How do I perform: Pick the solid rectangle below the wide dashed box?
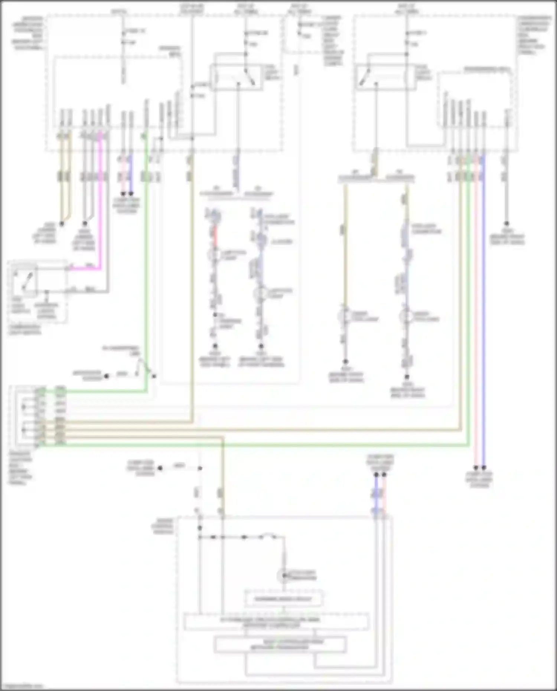pos(280,645)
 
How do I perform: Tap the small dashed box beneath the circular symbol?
pos(283,599)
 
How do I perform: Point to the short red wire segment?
pos(215,236)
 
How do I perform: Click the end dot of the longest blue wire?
pos(483,468)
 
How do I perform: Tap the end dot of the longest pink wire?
pos(476,468)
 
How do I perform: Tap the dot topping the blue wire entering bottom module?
pos(376,475)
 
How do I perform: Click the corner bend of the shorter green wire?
pos(146,391)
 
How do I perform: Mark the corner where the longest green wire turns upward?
pos(469,444)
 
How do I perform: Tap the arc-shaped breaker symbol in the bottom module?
pos(268,536)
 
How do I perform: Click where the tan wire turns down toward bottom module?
pos(223,438)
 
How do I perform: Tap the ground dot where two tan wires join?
pos(62,224)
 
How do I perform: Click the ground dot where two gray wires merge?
pos(85,224)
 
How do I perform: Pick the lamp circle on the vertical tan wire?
pos(345,316)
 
